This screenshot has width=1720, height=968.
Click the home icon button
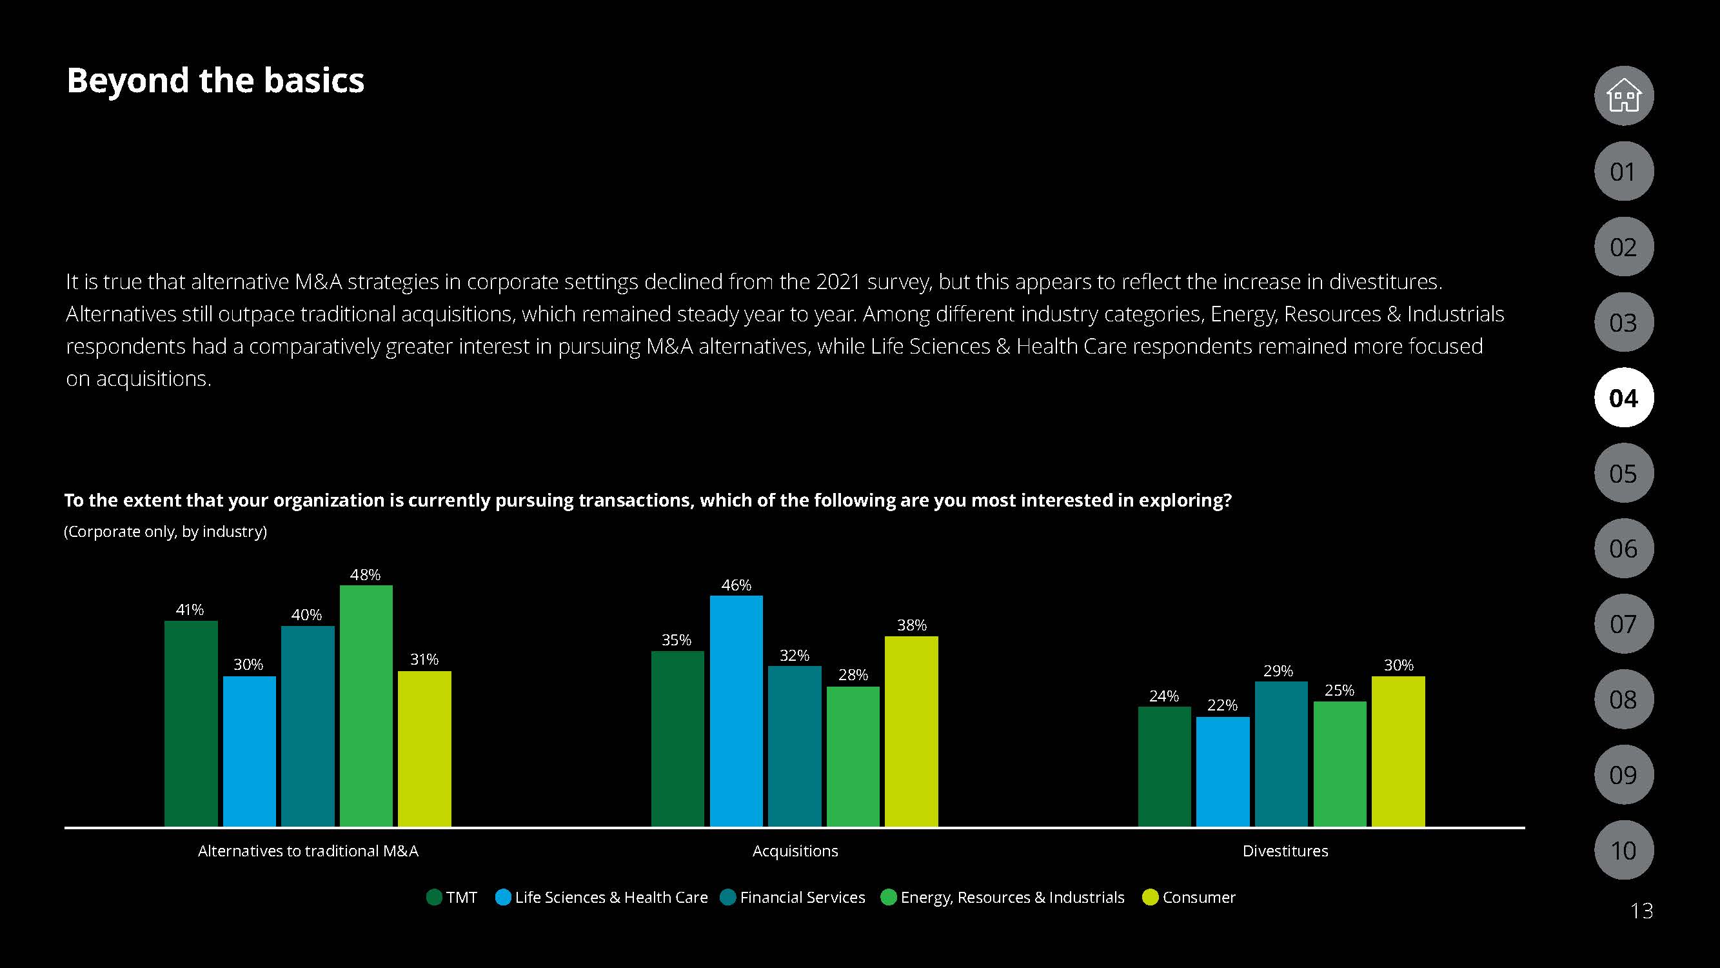[x=1623, y=96]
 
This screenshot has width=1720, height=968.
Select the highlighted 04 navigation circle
[x=1623, y=398]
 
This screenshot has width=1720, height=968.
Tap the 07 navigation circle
[x=1623, y=624]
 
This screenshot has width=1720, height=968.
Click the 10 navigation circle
[x=1623, y=850]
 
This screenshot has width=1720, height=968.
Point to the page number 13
[x=1641, y=911]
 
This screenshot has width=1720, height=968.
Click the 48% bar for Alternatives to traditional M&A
[x=366, y=705]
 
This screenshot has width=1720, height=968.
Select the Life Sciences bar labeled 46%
[x=736, y=711]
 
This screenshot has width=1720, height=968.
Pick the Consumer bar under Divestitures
[x=1398, y=751]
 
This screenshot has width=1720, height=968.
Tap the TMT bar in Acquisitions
[x=677, y=738]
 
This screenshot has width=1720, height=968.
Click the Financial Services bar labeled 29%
[x=1281, y=754]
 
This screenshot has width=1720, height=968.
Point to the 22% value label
[x=1222, y=705]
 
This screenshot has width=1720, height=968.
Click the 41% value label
[x=190, y=609]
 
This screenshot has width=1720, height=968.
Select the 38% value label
[x=911, y=625]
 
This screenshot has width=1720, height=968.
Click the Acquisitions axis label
[x=795, y=851]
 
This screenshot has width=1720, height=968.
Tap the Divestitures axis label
[x=1285, y=851]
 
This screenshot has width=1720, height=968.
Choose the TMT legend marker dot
[x=434, y=897]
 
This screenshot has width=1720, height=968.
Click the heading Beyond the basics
[x=215, y=80]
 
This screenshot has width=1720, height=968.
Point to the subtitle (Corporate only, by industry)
[x=166, y=531]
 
